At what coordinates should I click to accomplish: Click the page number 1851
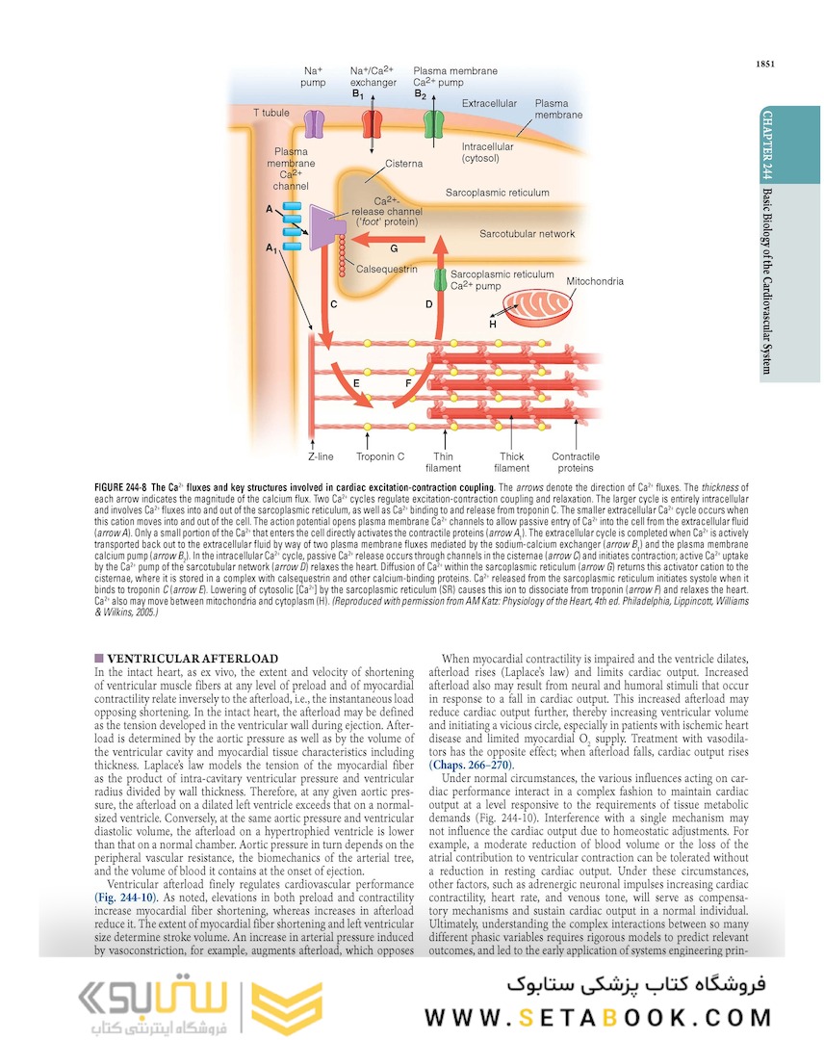pos(765,65)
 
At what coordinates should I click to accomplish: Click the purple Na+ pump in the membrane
pos(315,123)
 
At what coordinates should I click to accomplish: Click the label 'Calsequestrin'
pos(387,270)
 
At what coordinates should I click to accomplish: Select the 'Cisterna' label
pos(403,164)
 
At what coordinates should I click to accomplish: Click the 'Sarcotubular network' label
pos(527,234)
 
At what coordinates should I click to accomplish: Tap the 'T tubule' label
pos(271,113)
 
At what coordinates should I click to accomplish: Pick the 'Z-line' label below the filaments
pos(321,456)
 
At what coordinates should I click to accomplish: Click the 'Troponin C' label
pos(380,456)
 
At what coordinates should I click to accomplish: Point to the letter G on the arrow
pos(395,248)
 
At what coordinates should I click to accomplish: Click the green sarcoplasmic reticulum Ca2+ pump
pos(440,280)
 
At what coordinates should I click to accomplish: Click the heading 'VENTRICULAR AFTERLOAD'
pos(182,659)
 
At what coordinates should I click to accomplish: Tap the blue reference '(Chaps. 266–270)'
pos(472,765)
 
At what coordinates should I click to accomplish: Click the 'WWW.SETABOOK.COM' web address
pos(598,1017)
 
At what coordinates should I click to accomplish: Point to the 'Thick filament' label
pos(511,462)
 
